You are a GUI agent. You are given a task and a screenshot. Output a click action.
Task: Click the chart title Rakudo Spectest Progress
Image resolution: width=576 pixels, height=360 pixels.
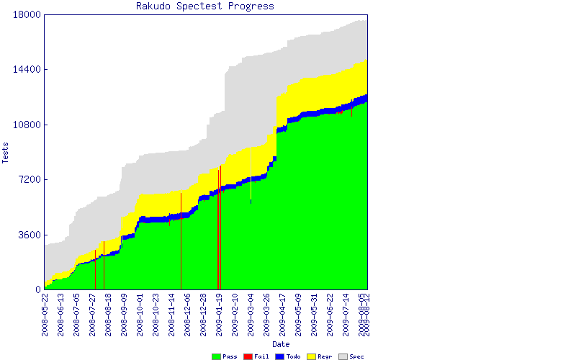205,6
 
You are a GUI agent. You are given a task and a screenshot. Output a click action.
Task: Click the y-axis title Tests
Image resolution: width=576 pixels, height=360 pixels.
6,152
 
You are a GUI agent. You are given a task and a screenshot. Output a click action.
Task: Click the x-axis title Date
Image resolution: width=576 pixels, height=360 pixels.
205,344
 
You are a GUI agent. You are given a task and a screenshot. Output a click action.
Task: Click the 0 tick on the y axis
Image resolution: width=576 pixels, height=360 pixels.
37,289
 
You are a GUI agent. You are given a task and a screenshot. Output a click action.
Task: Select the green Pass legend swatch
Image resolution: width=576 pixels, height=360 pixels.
216,356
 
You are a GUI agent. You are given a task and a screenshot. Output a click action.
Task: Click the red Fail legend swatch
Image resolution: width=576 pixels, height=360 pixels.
248,356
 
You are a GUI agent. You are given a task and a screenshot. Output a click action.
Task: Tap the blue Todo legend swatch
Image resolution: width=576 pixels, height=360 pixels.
279,356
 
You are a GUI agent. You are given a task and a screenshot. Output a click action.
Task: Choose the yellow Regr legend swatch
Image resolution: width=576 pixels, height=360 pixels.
311,356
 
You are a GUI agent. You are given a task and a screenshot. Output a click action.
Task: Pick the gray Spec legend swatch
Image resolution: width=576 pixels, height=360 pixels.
343,356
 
